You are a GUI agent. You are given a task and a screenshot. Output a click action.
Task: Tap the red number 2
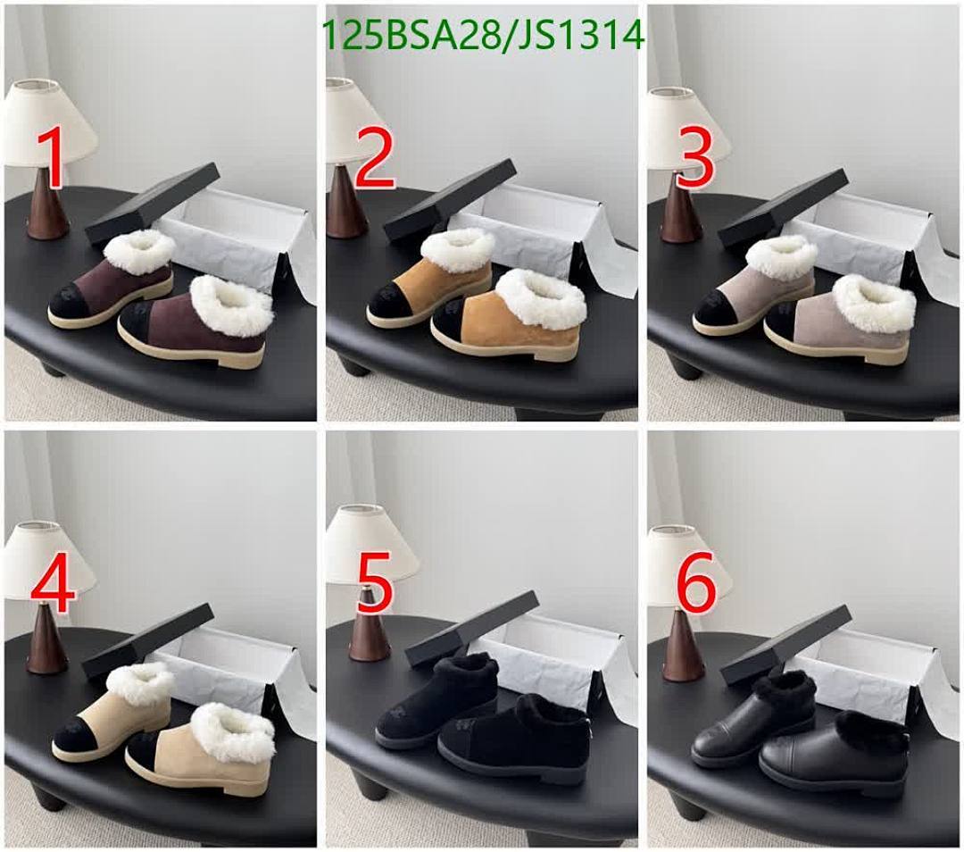click(x=374, y=157)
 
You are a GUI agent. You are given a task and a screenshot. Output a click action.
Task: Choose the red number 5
click(x=374, y=585)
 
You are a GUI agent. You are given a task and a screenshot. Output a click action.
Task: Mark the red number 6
click(x=696, y=585)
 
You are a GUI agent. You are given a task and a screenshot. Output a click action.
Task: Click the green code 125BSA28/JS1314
click(x=481, y=36)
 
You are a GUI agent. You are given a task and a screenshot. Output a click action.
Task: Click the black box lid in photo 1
click(x=152, y=204)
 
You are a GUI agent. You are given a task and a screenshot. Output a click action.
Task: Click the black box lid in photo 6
click(x=785, y=643)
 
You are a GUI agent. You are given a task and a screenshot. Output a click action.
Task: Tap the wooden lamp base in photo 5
click(x=369, y=636)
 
